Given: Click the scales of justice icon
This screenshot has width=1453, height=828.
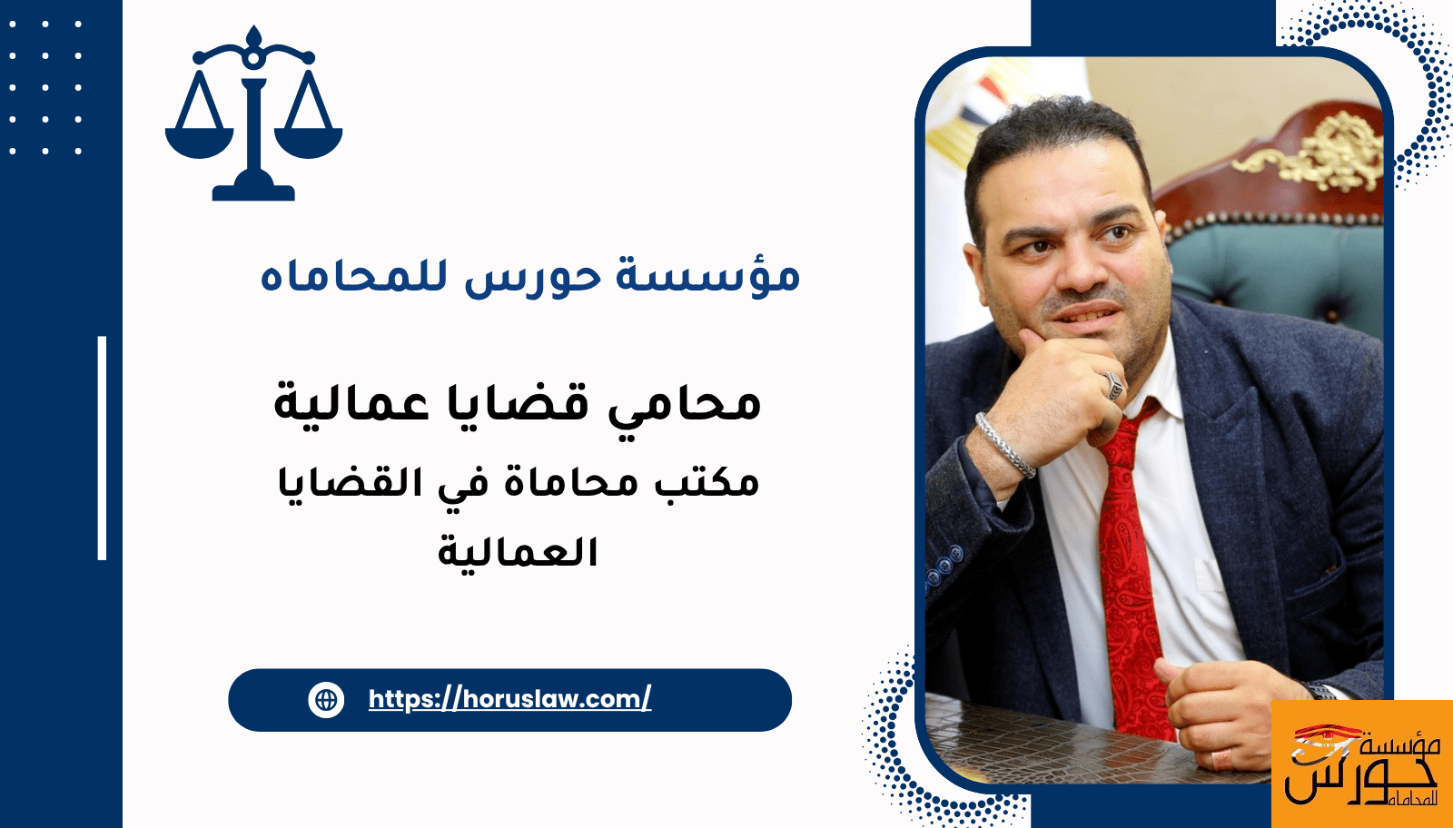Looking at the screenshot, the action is tap(253, 113).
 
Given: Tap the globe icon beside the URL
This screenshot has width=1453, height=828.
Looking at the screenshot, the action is tap(326, 700).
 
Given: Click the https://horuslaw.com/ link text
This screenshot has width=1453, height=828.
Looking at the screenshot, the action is tap(509, 700).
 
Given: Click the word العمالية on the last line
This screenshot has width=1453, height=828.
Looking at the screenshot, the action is tap(518, 552).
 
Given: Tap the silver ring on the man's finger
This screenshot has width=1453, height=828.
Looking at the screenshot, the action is tap(1113, 387).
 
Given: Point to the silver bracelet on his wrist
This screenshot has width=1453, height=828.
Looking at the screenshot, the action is tap(1004, 445).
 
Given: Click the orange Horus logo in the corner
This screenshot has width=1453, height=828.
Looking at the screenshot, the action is tap(1362, 764).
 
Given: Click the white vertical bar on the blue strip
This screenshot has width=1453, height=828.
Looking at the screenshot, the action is tap(102, 448).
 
